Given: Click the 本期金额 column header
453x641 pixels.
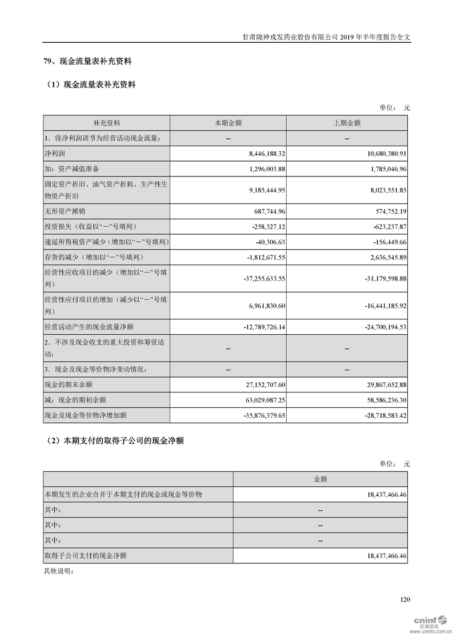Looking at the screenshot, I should [x=228, y=123].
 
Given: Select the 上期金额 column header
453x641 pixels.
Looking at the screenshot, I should [x=347, y=123].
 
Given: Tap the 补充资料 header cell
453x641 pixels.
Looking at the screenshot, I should [x=107, y=123].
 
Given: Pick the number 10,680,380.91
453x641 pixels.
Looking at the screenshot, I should [x=379, y=154].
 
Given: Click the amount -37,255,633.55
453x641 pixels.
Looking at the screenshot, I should [x=255, y=278].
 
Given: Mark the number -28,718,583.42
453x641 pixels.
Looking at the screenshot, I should [x=376, y=415].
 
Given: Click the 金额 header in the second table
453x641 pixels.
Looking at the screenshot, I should [x=320, y=479].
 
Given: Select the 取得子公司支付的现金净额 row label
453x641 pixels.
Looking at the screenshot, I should [x=85, y=555].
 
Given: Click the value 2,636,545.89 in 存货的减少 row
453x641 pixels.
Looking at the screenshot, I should [x=381, y=257].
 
